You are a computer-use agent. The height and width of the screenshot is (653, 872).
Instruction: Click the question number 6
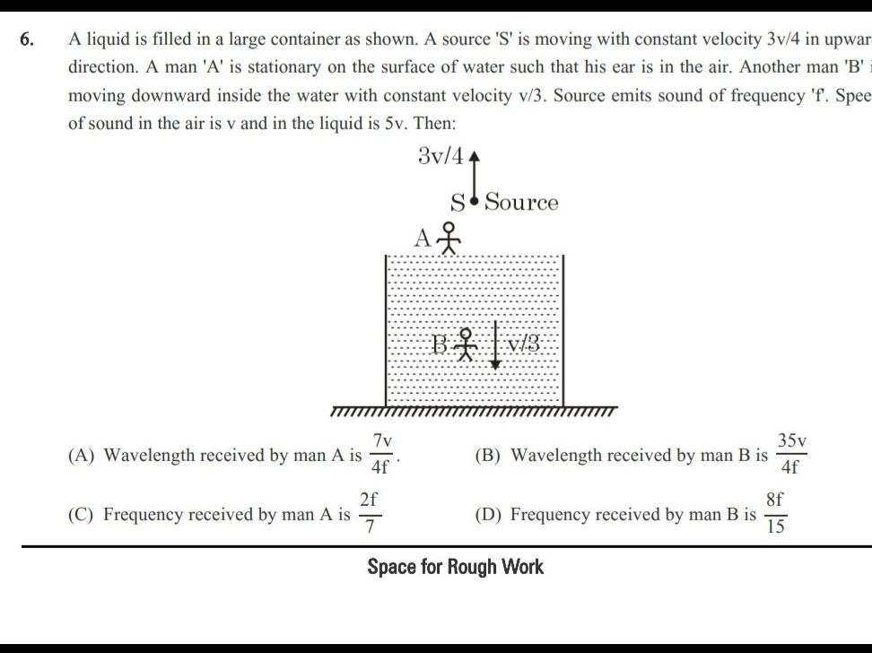point(28,39)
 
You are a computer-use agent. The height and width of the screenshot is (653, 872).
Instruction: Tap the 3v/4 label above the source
point(441,156)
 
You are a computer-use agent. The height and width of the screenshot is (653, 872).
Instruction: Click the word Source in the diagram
point(522,203)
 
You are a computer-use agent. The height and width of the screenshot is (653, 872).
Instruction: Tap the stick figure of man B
point(465,344)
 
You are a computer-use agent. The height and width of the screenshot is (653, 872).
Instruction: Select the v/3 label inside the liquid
point(523,343)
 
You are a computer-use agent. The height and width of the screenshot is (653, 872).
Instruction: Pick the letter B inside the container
point(440,344)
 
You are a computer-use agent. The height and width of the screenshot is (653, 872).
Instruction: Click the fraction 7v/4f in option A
point(382,454)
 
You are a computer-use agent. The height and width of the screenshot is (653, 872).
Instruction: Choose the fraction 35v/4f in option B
point(792,454)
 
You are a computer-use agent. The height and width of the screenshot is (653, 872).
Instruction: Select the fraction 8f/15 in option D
point(776,514)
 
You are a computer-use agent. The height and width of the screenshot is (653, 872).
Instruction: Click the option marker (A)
point(82,456)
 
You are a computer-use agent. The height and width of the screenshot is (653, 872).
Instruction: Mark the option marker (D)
point(489,515)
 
